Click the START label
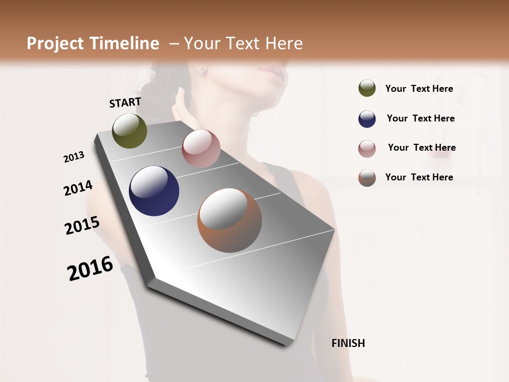click(x=125, y=102)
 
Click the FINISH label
click(x=348, y=343)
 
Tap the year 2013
click(x=74, y=157)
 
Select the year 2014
click(x=78, y=188)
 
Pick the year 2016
click(x=90, y=268)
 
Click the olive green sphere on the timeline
click(x=129, y=131)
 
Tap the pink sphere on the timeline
click(x=201, y=149)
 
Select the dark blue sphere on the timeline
click(x=154, y=191)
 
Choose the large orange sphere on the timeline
click(x=230, y=220)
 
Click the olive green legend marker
click(x=367, y=89)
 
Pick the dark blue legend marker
click(x=367, y=119)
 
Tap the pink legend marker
click(x=367, y=149)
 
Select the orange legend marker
click(x=367, y=178)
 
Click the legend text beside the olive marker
click(x=419, y=89)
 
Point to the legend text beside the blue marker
click(x=420, y=118)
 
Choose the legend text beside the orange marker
click(x=419, y=177)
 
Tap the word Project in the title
click(x=55, y=44)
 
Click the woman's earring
click(x=201, y=73)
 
